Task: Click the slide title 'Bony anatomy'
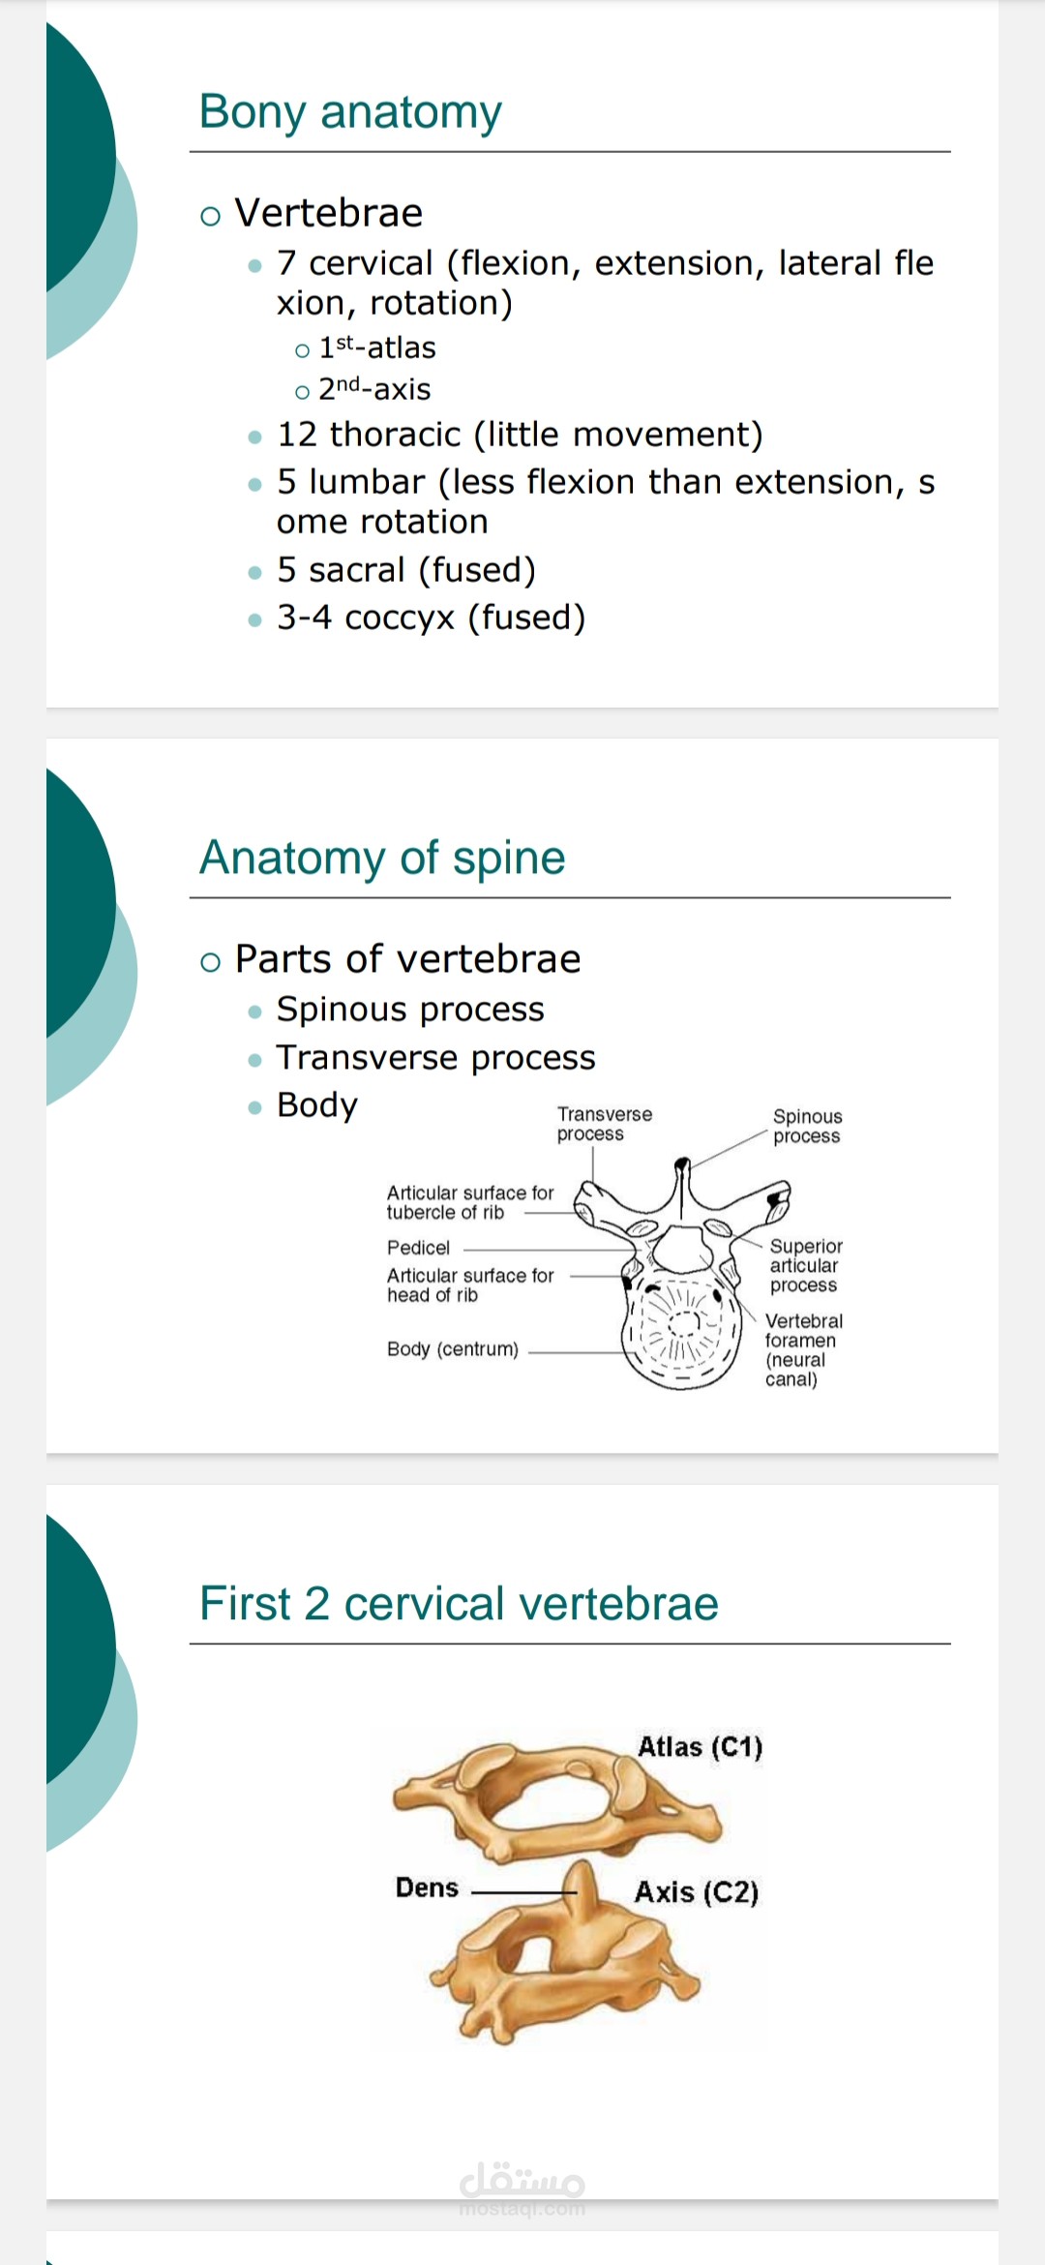(350, 112)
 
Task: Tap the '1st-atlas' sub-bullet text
(377, 347)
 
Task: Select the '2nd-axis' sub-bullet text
(374, 389)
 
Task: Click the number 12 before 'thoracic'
(297, 435)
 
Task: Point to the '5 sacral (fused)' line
(406, 570)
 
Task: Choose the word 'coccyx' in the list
(400, 619)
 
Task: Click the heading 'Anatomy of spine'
(382, 858)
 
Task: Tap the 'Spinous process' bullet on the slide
(410, 1010)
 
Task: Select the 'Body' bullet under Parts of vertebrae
(317, 1105)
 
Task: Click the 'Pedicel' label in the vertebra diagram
(418, 1248)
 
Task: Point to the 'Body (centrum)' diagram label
(453, 1349)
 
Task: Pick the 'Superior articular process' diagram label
(806, 1265)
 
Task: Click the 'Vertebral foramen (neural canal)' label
(804, 1350)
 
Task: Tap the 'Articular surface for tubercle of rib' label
(470, 1202)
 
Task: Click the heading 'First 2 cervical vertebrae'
(459, 1604)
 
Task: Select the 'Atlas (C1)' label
(701, 1747)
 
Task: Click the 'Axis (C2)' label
(697, 1892)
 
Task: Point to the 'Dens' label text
(427, 1887)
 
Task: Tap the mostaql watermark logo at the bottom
(522, 2186)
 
